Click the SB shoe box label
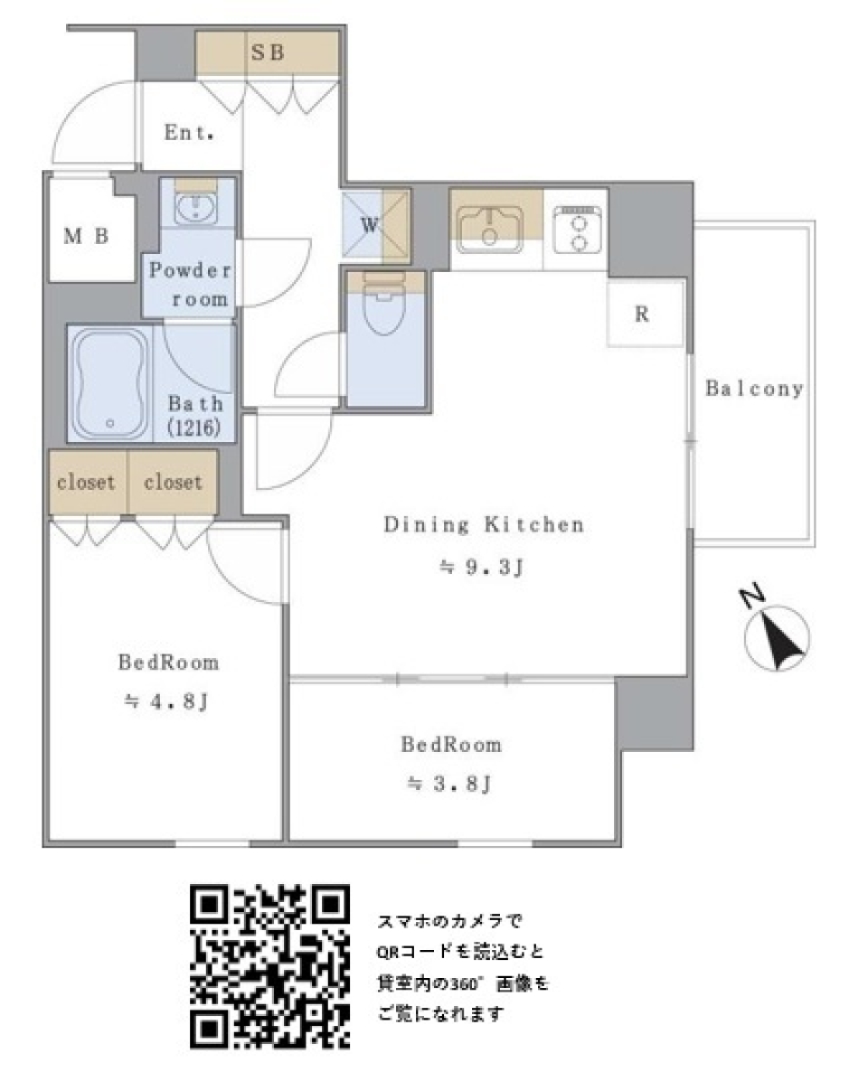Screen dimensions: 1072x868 coord(267,53)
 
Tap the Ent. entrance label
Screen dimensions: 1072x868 coord(189,133)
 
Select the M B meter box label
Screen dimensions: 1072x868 coord(87,237)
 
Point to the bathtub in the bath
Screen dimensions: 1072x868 coord(109,385)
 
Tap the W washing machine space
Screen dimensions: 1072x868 coord(370,225)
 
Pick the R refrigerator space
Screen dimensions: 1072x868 coord(642,315)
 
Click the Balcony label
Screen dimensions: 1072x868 coord(754,389)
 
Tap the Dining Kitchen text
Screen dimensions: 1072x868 coord(484,524)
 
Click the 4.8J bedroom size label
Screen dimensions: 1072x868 coord(167,701)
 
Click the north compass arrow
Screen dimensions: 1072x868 coord(776,636)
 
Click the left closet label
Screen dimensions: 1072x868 coord(86,482)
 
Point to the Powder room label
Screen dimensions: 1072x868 coord(191,284)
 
